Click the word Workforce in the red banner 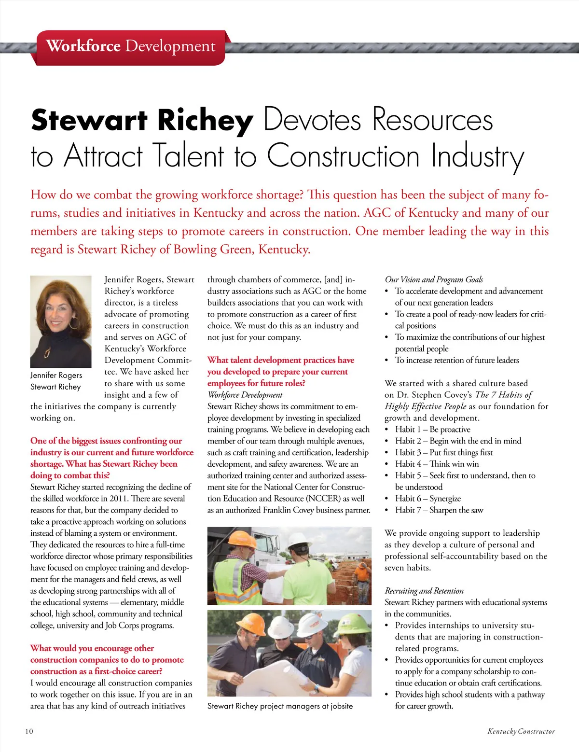(83, 46)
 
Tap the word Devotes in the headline (312, 120)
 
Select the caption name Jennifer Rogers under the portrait (56, 375)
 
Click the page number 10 (29, 731)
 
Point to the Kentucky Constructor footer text (521, 731)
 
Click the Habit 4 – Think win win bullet (437, 464)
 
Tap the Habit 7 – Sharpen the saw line (439, 510)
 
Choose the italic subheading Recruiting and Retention (424, 591)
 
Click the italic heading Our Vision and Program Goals (434, 279)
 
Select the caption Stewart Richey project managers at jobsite (280, 706)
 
